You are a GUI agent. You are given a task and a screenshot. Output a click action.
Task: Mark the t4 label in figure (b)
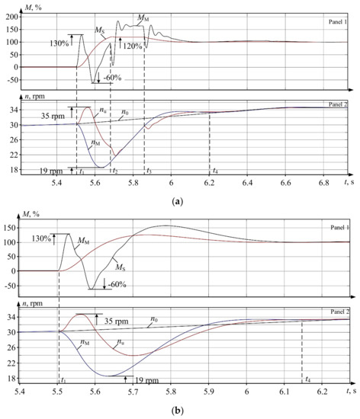[307, 379]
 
